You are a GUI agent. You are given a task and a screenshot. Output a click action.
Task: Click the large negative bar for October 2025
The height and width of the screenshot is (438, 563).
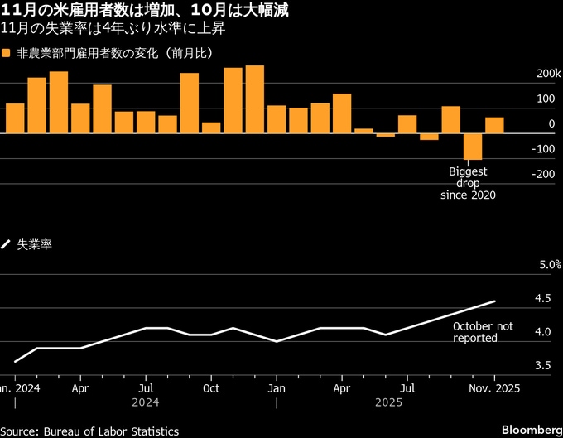[472, 147]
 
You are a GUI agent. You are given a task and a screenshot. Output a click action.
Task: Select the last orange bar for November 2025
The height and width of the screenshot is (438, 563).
[494, 125]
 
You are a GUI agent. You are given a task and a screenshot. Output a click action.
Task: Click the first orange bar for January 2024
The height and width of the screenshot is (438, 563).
[15, 118]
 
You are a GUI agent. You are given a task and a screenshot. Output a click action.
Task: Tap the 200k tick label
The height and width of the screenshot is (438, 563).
[547, 74]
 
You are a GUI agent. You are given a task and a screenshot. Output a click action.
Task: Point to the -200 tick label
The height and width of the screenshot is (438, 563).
[544, 175]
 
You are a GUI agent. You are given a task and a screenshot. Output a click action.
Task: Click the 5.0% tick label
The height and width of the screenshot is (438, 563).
[550, 265]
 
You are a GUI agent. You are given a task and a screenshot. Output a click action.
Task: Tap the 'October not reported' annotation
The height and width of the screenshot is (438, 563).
[483, 332]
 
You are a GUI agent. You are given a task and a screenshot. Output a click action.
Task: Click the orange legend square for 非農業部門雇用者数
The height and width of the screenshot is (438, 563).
[7, 53]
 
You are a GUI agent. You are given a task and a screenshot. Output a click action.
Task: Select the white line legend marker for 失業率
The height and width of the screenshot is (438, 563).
[7, 244]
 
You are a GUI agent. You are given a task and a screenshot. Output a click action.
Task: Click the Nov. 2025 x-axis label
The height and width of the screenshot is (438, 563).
[494, 387]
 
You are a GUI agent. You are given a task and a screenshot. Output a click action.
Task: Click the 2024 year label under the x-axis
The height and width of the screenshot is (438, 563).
[144, 402]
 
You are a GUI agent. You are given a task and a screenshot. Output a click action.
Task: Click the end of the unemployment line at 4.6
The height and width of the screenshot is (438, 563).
[494, 301]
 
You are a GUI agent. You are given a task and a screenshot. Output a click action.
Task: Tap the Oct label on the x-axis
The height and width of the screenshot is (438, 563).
[211, 387]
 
